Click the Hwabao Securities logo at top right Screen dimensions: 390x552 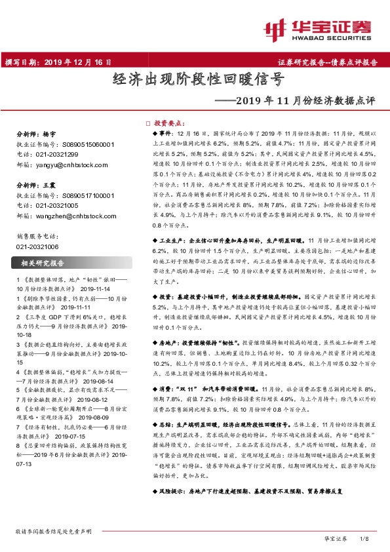tap(321, 30)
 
